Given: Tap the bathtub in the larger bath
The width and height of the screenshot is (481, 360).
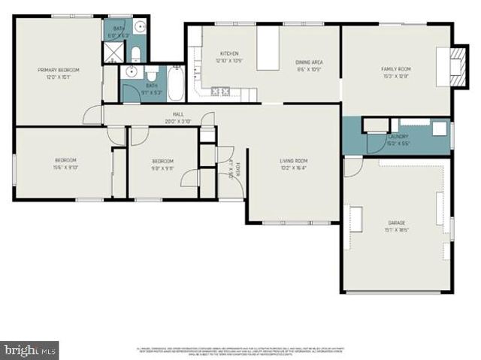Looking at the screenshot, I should click(174, 84).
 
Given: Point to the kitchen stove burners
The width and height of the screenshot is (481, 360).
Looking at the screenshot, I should click(222, 92).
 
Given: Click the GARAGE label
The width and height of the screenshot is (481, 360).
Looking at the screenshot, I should click(397, 223).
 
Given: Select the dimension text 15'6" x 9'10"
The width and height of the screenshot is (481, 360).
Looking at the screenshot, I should click(65, 168).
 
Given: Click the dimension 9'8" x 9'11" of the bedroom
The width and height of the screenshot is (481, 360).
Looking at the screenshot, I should click(163, 168).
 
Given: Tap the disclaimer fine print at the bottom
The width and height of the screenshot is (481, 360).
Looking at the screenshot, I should click(240, 350).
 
